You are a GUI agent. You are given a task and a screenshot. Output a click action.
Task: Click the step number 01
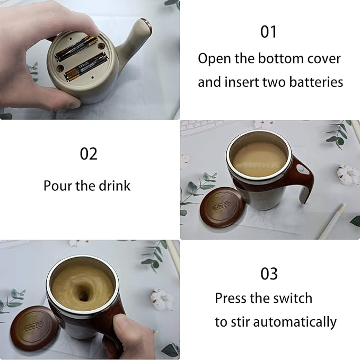[x=269, y=32]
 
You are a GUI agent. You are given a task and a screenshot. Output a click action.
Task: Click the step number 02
[x=89, y=154]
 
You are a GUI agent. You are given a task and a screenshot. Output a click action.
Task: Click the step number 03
[x=269, y=274]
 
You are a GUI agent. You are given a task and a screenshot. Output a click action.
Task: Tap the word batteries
[x=315, y=82]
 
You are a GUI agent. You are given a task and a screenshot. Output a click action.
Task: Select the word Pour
[x=57, y=186]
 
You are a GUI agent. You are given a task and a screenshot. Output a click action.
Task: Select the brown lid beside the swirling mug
[x=35, y=327]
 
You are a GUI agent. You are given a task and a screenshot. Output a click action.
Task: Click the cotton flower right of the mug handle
[x=348, y=173]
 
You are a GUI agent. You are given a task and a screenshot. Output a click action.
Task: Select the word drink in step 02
[x=115, y=186]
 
